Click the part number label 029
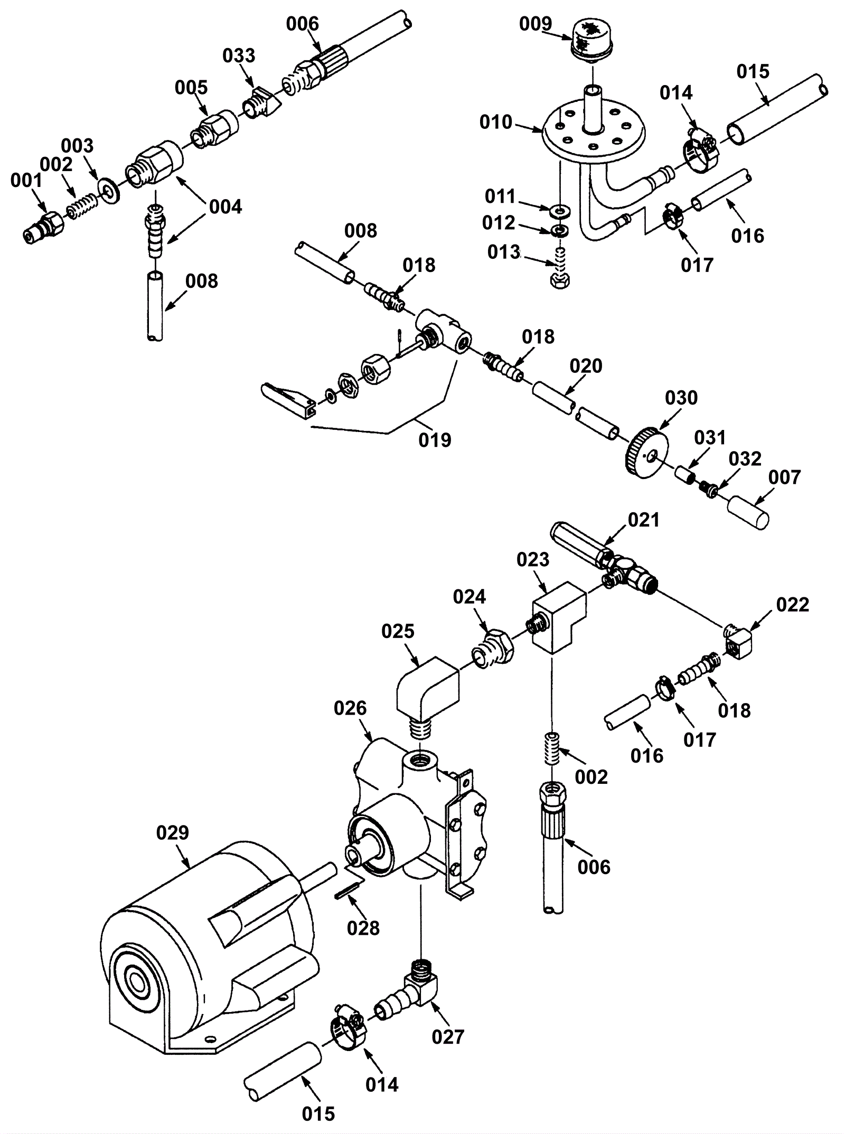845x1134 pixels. (x=172, y=833)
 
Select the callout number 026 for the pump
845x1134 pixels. (x=350, y=708)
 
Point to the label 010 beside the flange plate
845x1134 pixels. (x=496, y=122)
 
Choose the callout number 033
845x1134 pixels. (x=239, y=55)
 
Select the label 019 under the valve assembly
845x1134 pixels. (x=435, y=440)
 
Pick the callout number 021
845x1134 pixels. (x=644, y=520)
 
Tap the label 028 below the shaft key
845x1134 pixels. (x=363, y=928)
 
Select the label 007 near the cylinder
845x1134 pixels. (x=784, y=477)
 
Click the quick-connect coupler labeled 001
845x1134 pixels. (x=44, y=227)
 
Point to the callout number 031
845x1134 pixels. (x=710, y=438)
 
